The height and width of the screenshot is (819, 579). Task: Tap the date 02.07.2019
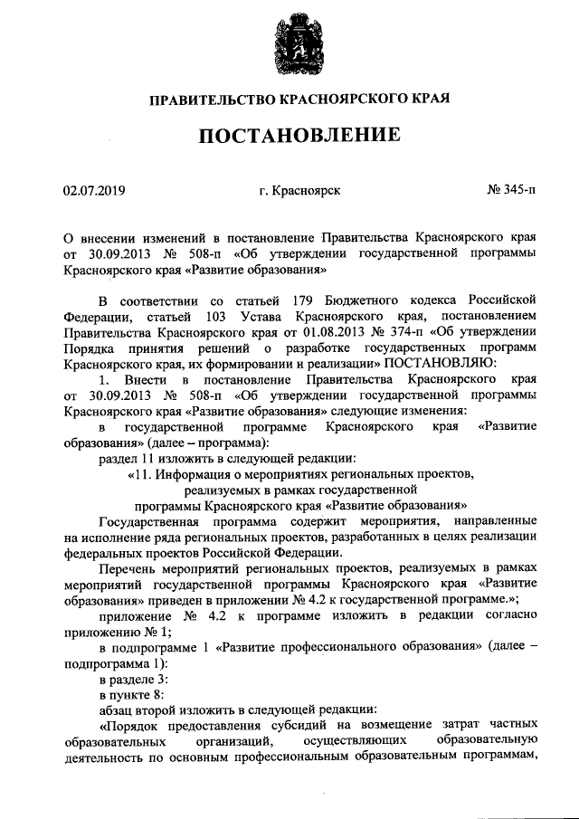click(x=94, y=191)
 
